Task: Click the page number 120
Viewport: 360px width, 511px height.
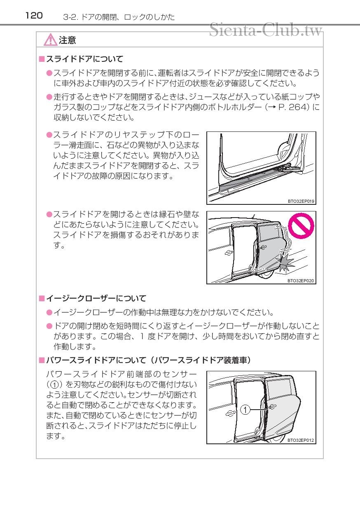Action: point(34,16)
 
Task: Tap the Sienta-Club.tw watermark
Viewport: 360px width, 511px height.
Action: point(265,30)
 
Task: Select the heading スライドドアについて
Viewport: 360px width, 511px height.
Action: point(84,59)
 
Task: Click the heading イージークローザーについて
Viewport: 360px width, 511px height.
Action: point(95,298)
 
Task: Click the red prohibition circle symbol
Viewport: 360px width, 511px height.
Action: point(301,225)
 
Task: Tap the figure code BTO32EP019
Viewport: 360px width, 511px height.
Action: point(301,201)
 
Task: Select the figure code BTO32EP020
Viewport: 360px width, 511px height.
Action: point(301,281)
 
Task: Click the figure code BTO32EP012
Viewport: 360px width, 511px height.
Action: point(301,440)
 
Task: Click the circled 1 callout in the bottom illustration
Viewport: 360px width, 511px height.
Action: point(245,410)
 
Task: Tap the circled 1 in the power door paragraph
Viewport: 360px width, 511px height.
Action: point(54,385)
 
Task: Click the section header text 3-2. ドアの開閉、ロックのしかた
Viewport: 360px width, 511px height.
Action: point(119,17)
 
